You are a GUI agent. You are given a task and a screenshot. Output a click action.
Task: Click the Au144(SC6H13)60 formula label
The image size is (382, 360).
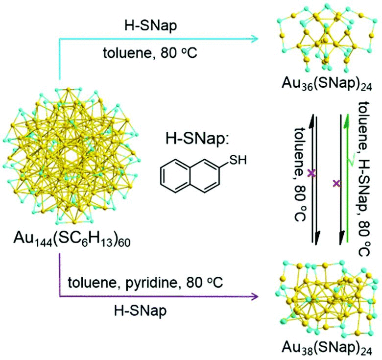click(72, 240)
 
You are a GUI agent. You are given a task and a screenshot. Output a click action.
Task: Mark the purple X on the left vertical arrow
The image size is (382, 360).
click(310, 173)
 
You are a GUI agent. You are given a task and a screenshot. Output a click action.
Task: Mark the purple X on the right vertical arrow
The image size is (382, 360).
click(336, 184)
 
